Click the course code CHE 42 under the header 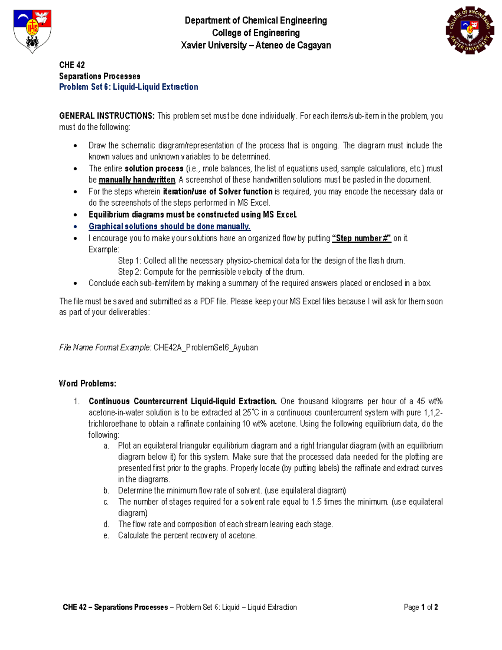(72, 65)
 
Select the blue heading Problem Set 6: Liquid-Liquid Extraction (128, 87)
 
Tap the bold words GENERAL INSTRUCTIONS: (107, 116)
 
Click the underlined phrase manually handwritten (137, 180)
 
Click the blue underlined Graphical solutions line (169, 226)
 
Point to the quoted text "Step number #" (361, 238)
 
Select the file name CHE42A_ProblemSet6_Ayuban (205, 347)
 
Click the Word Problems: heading (87, 383)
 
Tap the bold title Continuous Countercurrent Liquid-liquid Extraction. (182, 401)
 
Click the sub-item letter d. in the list (106, 524)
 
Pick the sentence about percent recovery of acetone (187, 535)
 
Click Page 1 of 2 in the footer (420, 607)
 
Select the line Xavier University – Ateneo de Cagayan (256, 45)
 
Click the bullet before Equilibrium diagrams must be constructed (75, 215)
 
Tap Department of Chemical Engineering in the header (256, 21)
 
